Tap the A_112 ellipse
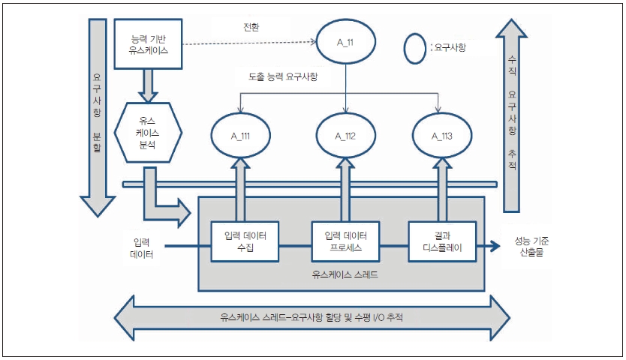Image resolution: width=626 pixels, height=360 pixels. click(x=345, y=135)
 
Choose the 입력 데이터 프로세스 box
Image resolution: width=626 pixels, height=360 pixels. click(x=345, y=241)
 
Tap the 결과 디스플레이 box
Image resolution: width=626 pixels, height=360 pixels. click(x=441, y=241)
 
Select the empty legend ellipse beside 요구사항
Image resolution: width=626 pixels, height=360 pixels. click(x=415, y=49)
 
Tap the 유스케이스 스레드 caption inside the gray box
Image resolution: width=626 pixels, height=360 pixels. click(x=343, y=275)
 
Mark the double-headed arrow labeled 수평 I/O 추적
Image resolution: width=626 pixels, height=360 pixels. click(x=310, y=316)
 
